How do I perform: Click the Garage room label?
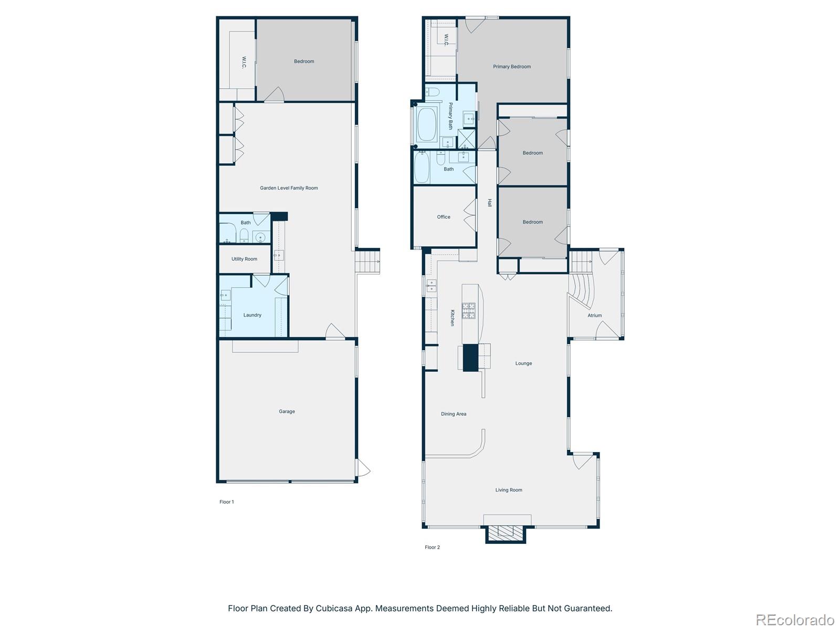coord(287,412)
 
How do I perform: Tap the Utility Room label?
coord(244,259)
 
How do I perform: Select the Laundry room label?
coord(252,315)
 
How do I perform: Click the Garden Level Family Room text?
coord(289,188)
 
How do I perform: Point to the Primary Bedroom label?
coord(511,67)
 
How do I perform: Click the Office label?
coord(444,217)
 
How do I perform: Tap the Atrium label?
coord(594,316)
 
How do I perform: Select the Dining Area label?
coord(454,414)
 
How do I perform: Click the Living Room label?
coord(509,490)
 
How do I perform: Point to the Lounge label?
coord(523,363)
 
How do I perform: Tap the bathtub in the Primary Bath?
coord(427,124)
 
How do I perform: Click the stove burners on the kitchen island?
coord(468,311)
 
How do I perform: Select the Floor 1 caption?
coord(227,502)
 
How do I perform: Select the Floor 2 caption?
coord(432,547)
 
